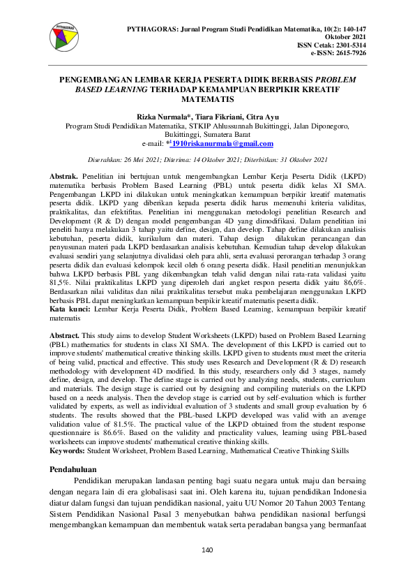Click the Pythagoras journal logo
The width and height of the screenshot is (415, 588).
67,38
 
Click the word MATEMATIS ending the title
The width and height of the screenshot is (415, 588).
207,100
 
